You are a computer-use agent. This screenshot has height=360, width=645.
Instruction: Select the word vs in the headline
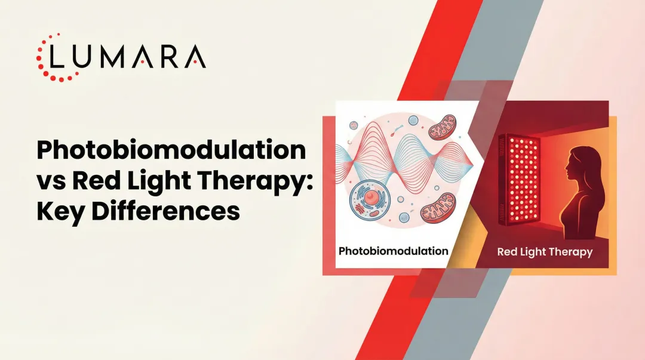pos(51,181)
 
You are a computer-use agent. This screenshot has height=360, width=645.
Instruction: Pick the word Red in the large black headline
pos(97,181)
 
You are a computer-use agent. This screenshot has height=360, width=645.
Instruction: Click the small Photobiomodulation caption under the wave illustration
pos(393,251)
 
